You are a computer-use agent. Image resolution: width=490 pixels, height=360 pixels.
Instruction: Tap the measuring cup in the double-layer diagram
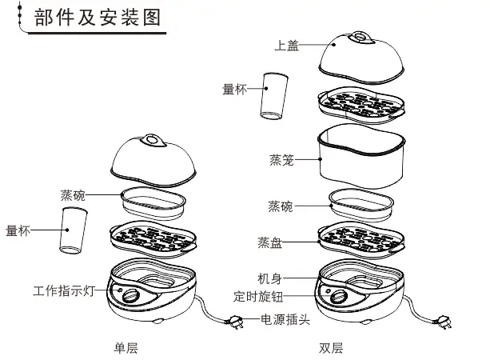[x=274, y=93]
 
